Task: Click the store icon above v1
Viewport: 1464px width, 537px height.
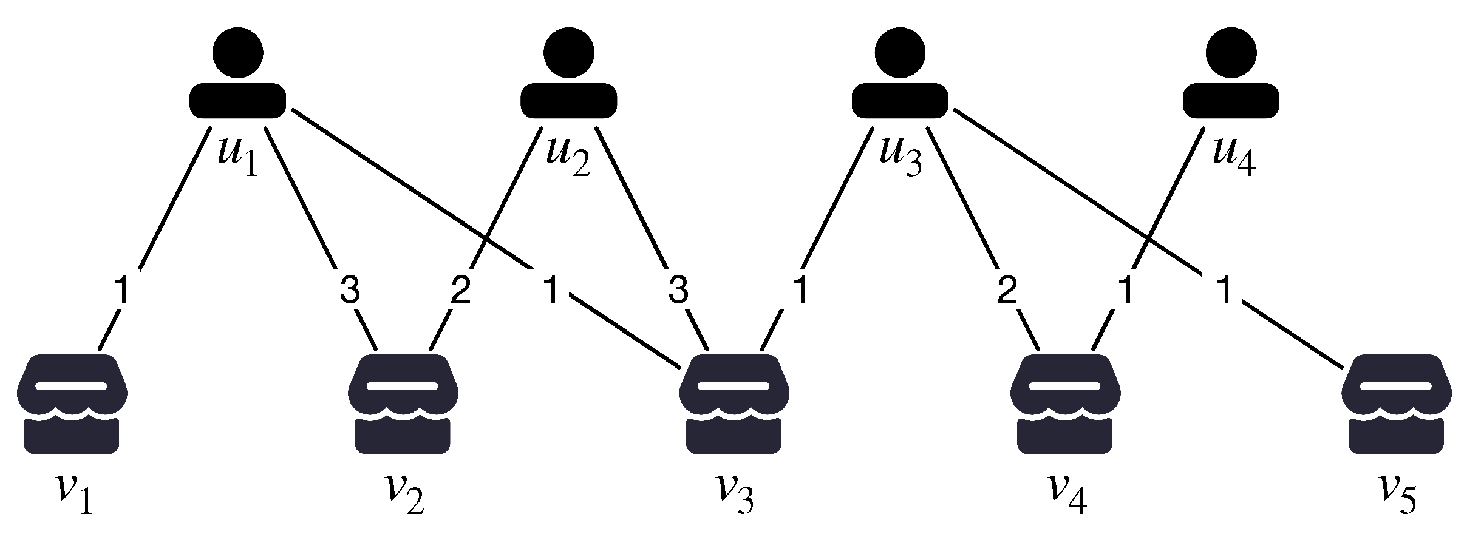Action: (x=72, y=404)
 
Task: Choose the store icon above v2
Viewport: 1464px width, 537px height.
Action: (x=403, y=404)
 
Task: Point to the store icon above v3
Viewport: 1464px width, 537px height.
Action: (x=734, y=404)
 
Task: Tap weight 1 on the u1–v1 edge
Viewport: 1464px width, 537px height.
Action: (x=122, y=290)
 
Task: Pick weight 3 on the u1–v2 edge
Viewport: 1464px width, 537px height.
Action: (x=349, y=290)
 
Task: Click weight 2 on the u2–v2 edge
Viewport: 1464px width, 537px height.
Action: (x=460, y=290)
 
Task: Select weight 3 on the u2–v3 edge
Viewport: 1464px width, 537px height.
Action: (x=678, y=290)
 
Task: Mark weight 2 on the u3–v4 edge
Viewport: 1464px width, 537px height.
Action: (x=1007, y=290)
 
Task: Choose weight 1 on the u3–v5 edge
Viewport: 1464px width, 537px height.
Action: (x=1225, y=290)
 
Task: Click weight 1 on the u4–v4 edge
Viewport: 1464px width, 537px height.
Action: (x=1126, y=290)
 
